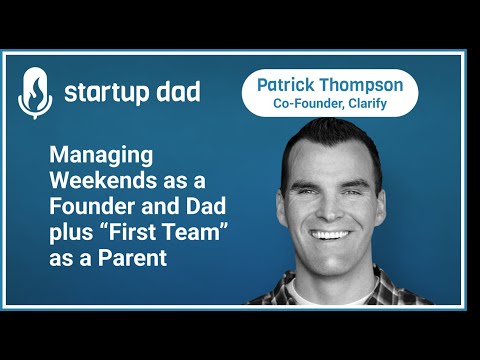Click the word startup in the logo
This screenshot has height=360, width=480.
point(105,93)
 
